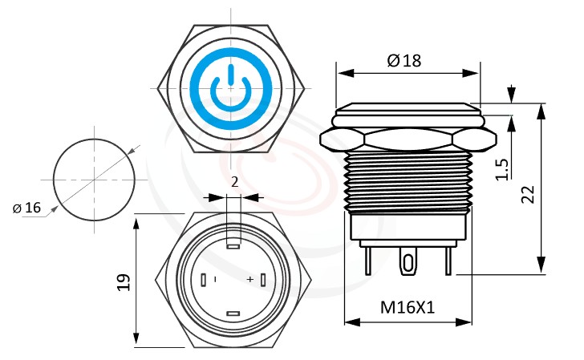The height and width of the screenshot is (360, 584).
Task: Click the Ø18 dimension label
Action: pyautogui.click(x=404, y=61)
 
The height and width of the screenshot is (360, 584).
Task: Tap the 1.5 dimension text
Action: pyautogui.click(x=502, y=169)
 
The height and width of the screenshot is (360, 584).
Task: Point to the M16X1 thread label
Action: pyautogui.click(x=407, y=306)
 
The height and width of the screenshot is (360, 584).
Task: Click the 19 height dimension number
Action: pyautogui.click(x=123, y=281)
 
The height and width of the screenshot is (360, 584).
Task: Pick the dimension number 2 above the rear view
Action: pyautogui.click(x=233, y=182)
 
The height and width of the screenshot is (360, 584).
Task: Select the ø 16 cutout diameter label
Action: pyautogui.click(x=27, y=208)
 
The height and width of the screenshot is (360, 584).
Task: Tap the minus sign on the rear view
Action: pyautogui.click(x=216, y=278)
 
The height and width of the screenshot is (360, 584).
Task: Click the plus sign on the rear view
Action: pyautogui.click(x=250, y=279)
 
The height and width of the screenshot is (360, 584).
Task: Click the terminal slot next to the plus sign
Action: pyautogui.click(x=263, y=279)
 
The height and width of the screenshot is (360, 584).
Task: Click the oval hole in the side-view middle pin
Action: pyautogui.click(x=409, y=263)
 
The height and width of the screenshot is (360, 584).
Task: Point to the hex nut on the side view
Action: pyautogui.click(x=408, y=138)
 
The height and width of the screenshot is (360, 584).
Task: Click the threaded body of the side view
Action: pyautogui.click(x=408, y=180)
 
